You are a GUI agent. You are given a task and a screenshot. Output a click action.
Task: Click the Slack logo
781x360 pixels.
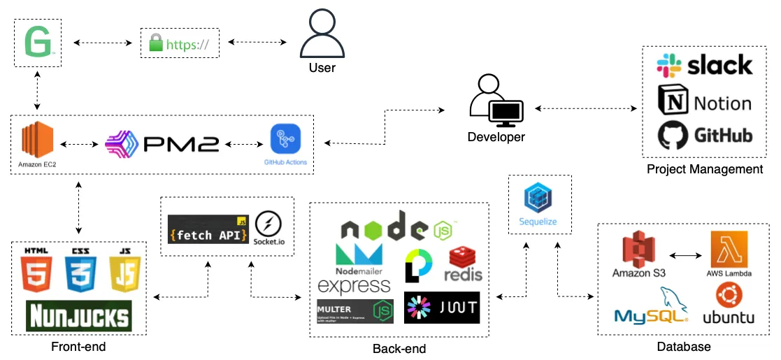pos(704,66)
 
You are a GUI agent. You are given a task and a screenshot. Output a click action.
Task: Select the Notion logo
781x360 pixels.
pos(704,103)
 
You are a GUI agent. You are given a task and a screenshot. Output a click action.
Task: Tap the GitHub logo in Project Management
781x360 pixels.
pos(704,134)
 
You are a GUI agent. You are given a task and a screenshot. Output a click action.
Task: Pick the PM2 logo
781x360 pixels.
pos(162,144)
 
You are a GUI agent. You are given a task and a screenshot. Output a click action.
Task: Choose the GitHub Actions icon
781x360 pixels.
pos(285,139)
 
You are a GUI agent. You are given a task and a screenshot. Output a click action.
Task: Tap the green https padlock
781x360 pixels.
pos(156,45)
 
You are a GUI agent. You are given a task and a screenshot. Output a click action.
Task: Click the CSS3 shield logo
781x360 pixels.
pos(80,273)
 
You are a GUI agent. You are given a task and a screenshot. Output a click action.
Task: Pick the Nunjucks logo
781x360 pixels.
pos(79,315)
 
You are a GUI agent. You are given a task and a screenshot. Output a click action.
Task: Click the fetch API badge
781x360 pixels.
pos(208,230)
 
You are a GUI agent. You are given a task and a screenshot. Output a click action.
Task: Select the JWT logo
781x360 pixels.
pos(442,308)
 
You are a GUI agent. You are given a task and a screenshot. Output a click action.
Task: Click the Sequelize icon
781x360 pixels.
pos(540,201)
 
